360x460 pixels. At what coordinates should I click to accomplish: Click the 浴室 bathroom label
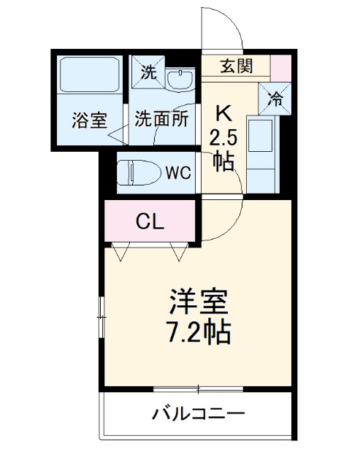point(90,121)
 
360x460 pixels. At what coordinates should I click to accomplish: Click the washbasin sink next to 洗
point(179,78)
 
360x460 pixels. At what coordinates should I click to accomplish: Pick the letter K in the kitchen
point(223,113)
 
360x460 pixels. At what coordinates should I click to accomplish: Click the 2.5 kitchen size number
point(223,137)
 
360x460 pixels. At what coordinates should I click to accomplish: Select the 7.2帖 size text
point(199,332)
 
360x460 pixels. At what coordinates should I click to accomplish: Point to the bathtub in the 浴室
point(90,74)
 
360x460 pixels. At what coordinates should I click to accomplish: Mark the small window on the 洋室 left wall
point(102,315)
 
